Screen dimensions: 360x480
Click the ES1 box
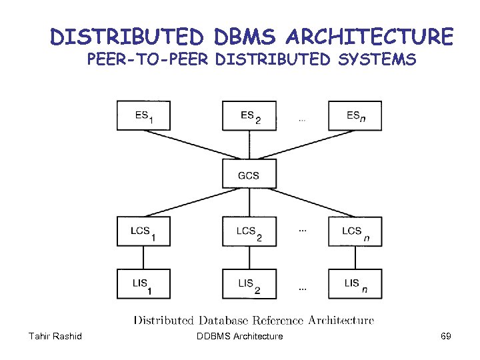click(x=143, y=116)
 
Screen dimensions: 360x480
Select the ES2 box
click(x=249, y=116)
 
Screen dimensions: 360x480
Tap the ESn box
click(x=355, y=116)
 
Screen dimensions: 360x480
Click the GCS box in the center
click(x=249, y=175)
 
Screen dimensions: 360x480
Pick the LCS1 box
click(x=143, y=232)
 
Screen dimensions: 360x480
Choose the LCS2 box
click(x=249, y=232)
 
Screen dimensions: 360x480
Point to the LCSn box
click(x=355, y=232)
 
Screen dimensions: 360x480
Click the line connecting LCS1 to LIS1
click(x=143, y=258)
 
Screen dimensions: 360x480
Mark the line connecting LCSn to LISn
click(x=355, y=258)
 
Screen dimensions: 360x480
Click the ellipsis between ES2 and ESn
click(x=302, y=121)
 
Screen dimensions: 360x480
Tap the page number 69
click(x=445, y=336)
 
